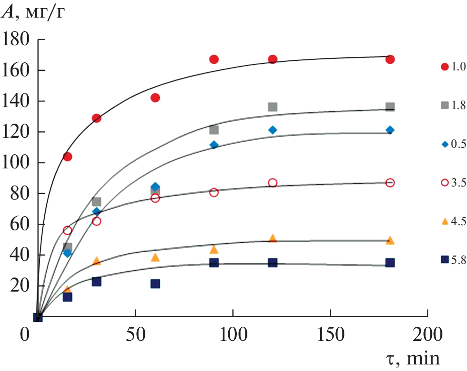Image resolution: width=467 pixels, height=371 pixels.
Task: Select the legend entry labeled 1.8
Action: [452, 105]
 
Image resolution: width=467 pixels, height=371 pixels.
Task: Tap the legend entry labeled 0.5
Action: [452, 144]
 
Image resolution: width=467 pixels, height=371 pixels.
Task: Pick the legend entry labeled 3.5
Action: [452, 183]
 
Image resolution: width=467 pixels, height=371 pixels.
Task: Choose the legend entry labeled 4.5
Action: [452, 221]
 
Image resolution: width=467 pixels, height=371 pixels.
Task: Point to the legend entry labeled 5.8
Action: [452, 259]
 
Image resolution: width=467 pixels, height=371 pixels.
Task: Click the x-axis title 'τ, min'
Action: [410, 359]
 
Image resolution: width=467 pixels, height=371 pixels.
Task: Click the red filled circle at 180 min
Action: [390, 59]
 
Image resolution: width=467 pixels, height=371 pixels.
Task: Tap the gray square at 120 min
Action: [272, 107]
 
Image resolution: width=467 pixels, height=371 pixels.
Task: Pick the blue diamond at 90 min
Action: [214, 145]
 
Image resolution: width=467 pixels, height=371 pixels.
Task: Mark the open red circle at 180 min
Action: [390, 183]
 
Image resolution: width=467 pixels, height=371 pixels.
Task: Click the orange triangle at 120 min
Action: [272, 238]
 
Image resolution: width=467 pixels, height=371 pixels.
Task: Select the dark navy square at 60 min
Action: [155, 284]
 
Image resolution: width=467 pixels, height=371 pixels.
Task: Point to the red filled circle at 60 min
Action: [155, 98]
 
